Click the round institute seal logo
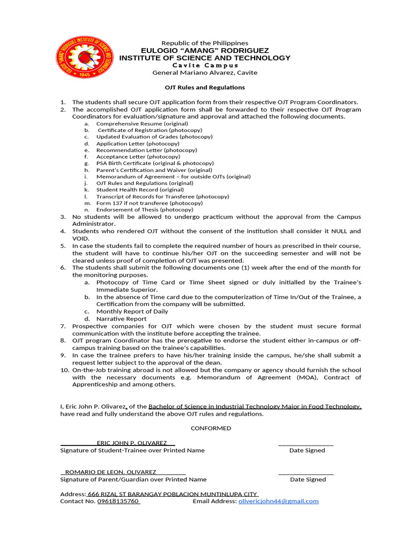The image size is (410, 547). pos(85,58)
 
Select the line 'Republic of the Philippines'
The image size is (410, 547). pos(204,43)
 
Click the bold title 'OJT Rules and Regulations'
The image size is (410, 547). pos(204,87)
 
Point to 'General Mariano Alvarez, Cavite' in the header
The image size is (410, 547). pos(204,73)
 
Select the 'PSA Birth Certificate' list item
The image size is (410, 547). pos(155,163)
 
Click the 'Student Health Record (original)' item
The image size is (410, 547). pos(140,190)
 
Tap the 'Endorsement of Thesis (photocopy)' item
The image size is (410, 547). pos(144,209)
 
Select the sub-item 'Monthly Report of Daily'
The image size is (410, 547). pos(132,311)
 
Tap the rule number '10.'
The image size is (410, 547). pos(64,370)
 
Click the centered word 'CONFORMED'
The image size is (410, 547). pos(211,428)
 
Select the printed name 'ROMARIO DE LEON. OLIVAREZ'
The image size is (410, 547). pos(111,472)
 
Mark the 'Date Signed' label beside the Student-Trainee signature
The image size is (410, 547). pos(307,450)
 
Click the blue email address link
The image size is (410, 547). pos(278,501)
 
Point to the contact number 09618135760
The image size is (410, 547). pos(118,501)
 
